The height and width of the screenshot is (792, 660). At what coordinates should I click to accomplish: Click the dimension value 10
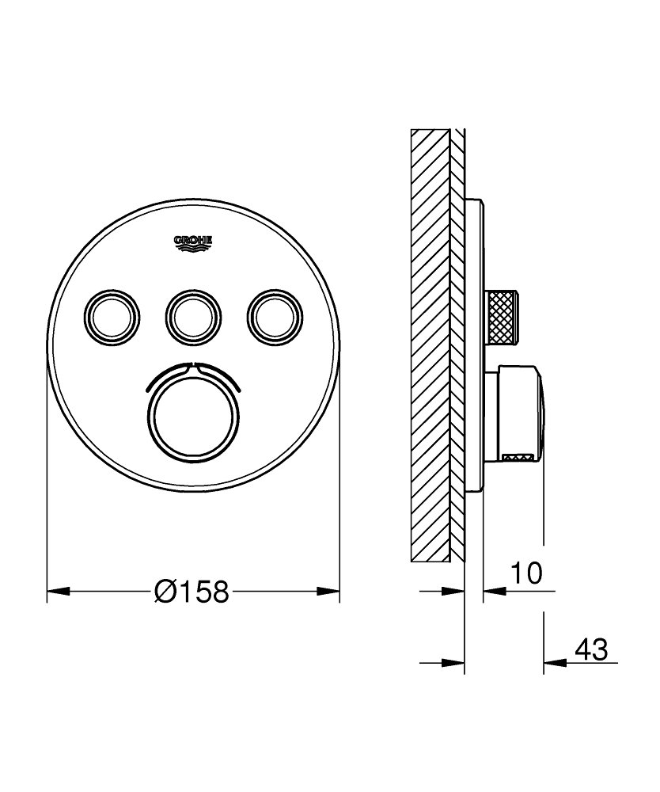pos(525,573)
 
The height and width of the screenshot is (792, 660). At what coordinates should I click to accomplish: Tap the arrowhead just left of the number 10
pos(494,591)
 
